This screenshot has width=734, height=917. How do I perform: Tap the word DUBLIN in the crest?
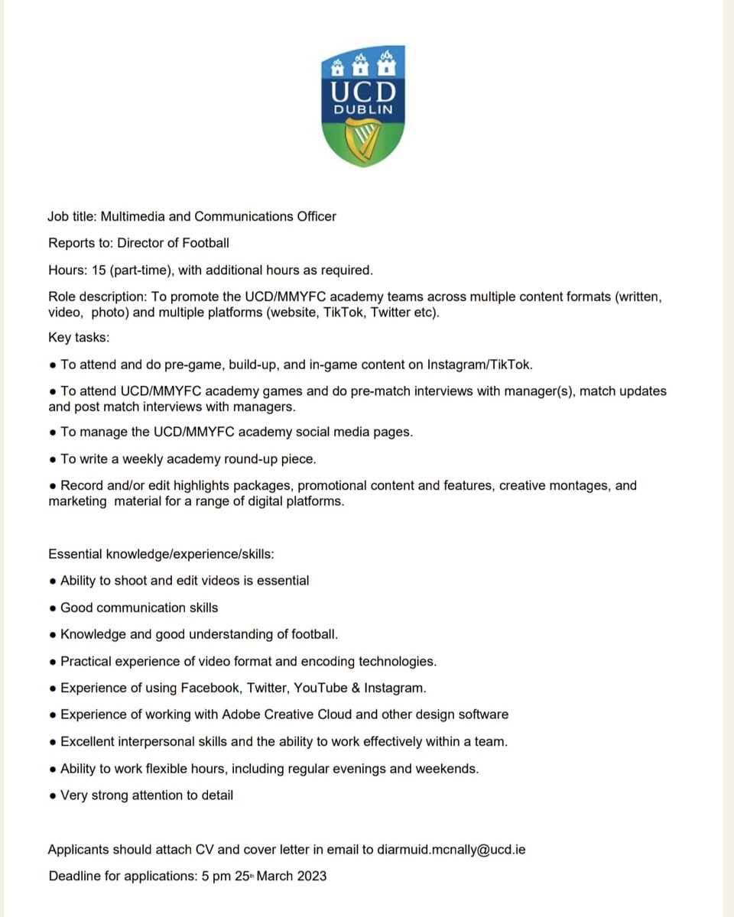(x=363, y=109)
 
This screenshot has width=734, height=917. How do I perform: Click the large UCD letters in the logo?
(x=363, y=90)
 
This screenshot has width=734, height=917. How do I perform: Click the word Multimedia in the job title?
(x=128, y=216)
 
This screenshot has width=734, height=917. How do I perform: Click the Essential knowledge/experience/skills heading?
(x=161, y=554)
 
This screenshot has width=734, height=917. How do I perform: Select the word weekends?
(x=447, y=768)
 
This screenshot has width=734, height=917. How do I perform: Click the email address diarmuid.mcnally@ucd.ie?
(x=451, y=849)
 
